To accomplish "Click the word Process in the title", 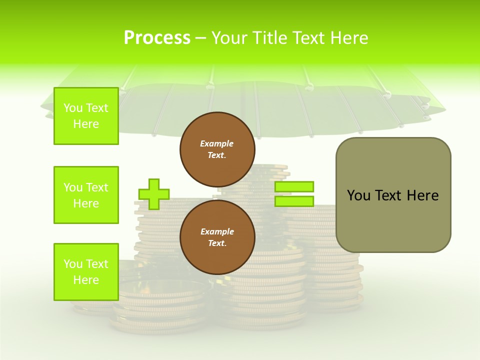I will coord(157,38).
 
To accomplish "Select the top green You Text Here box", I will coord(86,116).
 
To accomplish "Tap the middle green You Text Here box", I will coord(86,195).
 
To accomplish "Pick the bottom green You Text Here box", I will coord(86,272).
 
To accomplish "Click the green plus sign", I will coord(154,194).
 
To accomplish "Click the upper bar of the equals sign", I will coord(294,187).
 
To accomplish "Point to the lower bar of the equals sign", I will coord(294,201).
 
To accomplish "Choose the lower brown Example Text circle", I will coord(217,237).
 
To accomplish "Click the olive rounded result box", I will coord(393,195).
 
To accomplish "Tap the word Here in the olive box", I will coord(422,195).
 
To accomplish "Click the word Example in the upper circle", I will coord(217,143).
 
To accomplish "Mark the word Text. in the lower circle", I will coord(217,243).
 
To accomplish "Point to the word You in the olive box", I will coord(358,195).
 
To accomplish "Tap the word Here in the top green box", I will coord(86,124).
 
